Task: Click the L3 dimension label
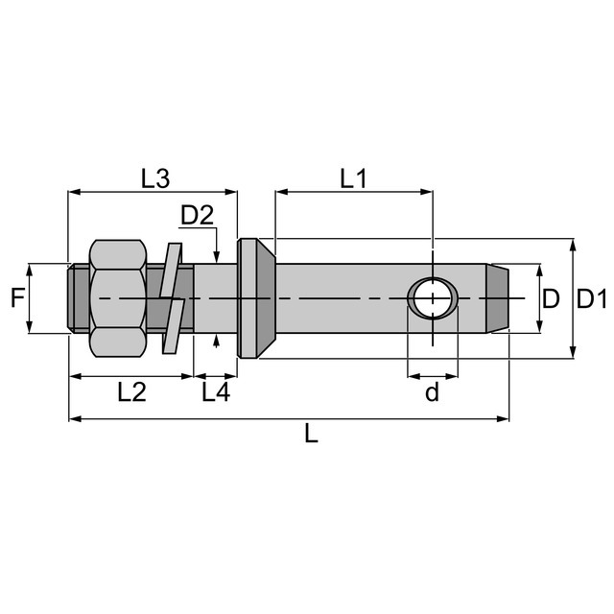coord(155,178)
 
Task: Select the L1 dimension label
coord(354,178)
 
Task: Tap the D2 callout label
coord(197,215)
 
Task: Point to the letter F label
coord(17,297)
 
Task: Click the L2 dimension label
coord(132,392)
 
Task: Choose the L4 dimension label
coord(216,392)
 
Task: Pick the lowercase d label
coord(433,392)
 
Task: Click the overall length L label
coord(311,434)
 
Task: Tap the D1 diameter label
coord(592,298)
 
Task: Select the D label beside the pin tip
coord(551,298)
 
